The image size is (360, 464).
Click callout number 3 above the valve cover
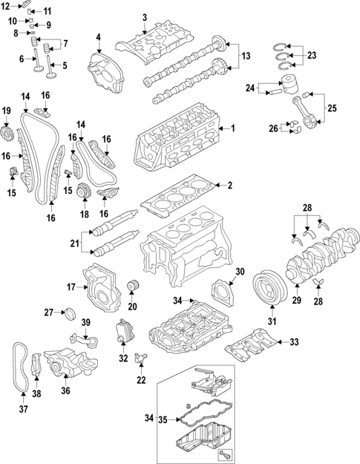145,17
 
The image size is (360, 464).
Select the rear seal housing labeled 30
222,290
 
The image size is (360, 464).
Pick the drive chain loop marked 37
19,367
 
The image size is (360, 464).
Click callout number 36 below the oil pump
65,391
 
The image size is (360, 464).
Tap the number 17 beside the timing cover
71,286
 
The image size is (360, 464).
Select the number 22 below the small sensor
141,381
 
